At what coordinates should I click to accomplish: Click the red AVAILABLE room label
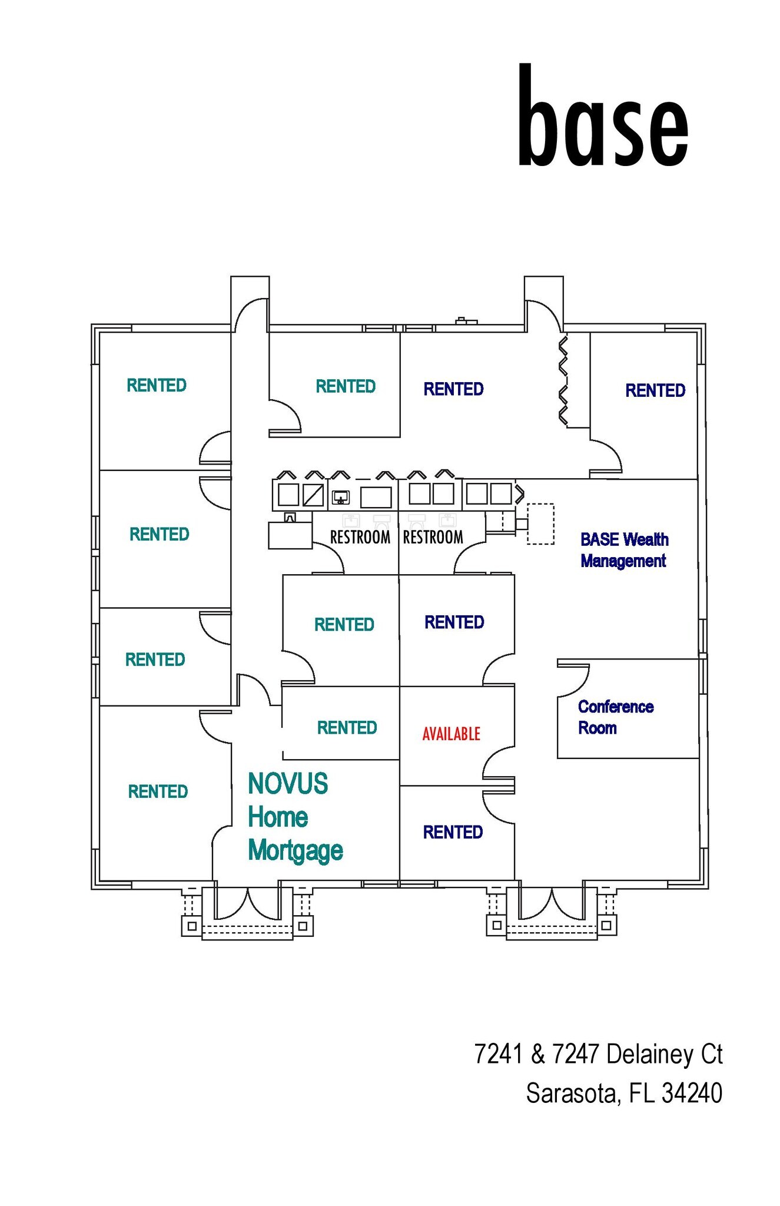(x=451, y=734)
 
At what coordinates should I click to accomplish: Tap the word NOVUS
(x=288, y=784)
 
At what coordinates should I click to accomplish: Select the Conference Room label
(x=615, y=717)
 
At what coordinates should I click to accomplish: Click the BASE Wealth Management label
(x=624, y=550)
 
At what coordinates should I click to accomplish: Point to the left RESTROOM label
(x=360, y=537)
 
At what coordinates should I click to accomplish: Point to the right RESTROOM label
(x=433, y=537)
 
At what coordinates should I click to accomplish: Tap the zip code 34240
(x=692, y=1093)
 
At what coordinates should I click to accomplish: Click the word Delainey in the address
(x=649, y=1054)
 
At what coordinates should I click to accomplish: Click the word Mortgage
(x=296, y=851)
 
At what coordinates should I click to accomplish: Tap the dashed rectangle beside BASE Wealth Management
(x=540, y=524)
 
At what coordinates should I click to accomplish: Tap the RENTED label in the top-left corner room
(x=157, y=385)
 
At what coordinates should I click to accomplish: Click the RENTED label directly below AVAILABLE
(x=453, y=832)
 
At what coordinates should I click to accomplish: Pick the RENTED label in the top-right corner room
(x=655, y=390)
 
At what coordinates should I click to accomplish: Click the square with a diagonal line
(x=313, y=495)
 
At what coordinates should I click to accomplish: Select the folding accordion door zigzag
(x=563, y=380)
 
